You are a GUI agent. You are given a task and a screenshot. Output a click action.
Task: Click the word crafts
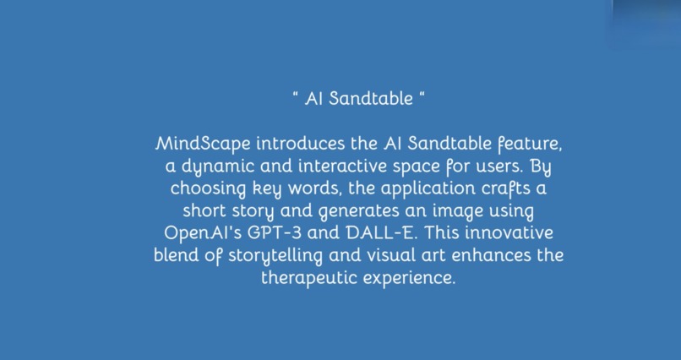498,186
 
